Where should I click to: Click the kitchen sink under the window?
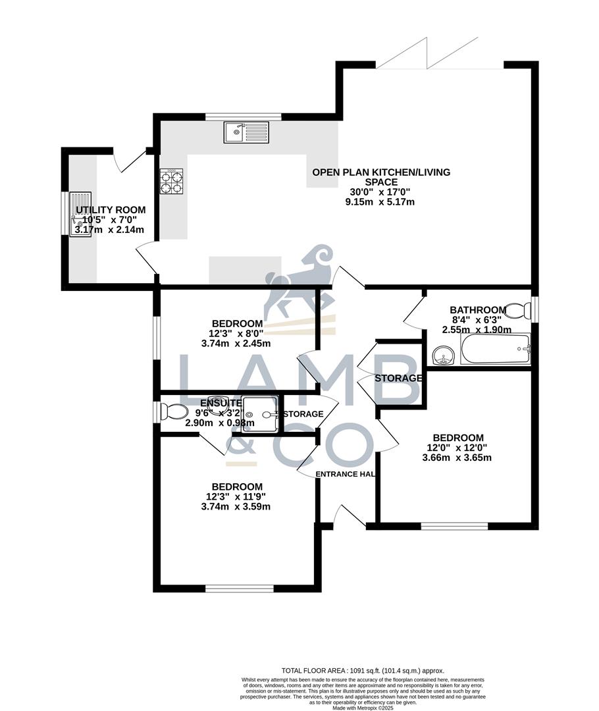click(x=246, y=133)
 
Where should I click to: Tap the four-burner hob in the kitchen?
click(x=172, y=181)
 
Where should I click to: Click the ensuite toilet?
click(x=174, y=412)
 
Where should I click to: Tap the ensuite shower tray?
click(x=260, y=414)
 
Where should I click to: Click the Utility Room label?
click(x=111, y=210)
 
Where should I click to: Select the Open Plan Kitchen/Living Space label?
click(x=381, y=177)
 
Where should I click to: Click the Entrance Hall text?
click(x=345, y=474)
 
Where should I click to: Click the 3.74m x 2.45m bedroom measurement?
click(x=236, y=343)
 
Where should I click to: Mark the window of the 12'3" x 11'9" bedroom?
click(x=239, y=588)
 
